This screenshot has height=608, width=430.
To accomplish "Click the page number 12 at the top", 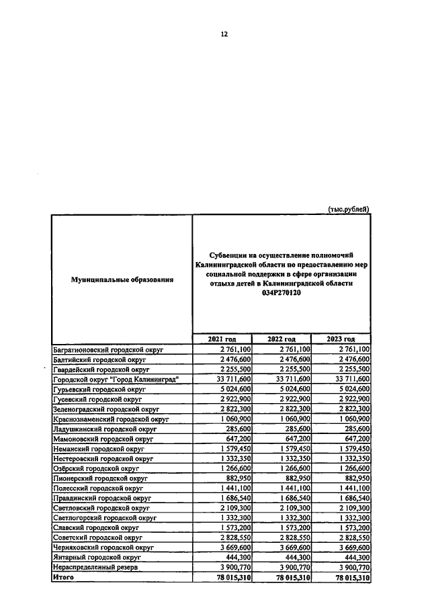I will point(224,35).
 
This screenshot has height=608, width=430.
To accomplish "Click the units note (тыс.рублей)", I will point(348,209).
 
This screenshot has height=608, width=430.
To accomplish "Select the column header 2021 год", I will point(222,339).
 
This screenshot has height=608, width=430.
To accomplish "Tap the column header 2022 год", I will point(282,339).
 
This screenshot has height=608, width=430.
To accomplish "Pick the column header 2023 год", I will point(341,339).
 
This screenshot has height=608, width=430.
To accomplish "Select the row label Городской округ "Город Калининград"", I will point(116,379).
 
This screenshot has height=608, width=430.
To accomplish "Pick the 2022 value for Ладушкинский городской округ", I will point(294,428).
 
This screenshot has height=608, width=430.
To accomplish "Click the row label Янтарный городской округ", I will point(96,557).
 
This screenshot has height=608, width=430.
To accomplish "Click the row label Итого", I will point(63,577).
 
